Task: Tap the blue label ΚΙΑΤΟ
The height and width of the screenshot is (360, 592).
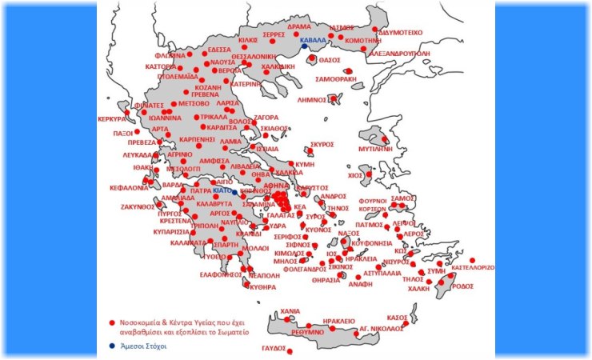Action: coord(222,192)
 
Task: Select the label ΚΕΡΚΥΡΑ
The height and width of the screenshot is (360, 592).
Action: coord(113,118)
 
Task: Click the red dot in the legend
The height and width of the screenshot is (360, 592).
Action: coord(112,323)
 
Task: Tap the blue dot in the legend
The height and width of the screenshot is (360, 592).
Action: coord(112,346)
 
